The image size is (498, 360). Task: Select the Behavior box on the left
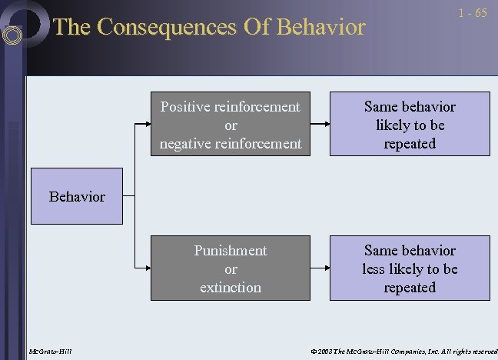coord(77,196)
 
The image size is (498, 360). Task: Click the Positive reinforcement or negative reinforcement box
coord(231,125)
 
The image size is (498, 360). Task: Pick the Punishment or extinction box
coord(231,268)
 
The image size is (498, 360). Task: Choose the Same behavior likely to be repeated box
coord(410,125)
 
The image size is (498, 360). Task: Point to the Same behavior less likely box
coord(410,268)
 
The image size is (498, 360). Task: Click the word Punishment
coord(231,251)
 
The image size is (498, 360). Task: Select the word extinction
coord(231,288)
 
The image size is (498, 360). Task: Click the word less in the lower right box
coord(377,269)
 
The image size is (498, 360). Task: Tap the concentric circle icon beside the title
coord(12,35)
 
